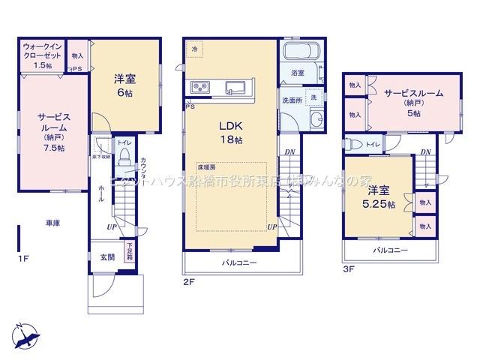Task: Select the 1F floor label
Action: click(23, 259)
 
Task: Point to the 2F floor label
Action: click(188, 281)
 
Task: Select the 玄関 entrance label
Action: click(107, 256)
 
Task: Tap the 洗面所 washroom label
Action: click(291, 99)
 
